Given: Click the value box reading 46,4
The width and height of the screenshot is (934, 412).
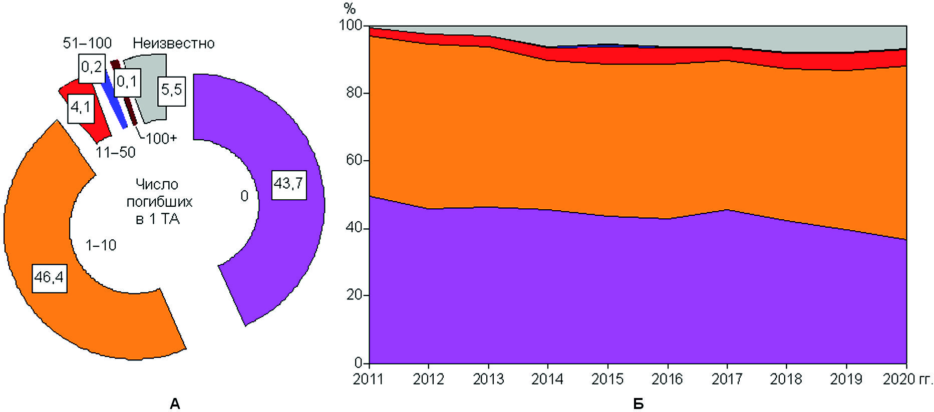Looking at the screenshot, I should tap(49, 276).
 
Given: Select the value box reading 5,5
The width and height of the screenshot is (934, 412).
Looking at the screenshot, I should tap(172, 90).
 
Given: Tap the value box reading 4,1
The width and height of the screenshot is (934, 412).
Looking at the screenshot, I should tap(81, 107).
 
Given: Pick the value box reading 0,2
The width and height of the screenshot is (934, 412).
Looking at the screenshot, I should tap(92, 67).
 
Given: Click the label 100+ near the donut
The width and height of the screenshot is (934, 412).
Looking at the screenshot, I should tap(161, 138).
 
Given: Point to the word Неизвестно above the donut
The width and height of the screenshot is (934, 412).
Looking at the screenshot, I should tap(173, 44).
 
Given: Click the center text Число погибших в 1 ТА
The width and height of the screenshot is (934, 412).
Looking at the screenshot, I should tap(159, 202).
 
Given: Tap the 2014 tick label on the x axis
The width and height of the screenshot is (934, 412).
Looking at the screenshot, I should tap(547, 379).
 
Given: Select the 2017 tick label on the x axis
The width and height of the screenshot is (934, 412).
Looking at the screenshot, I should tap(727, 379).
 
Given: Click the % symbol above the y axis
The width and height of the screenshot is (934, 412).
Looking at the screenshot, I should tap(350, 9).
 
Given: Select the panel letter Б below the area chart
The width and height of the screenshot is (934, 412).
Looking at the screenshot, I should tap(638, 403).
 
